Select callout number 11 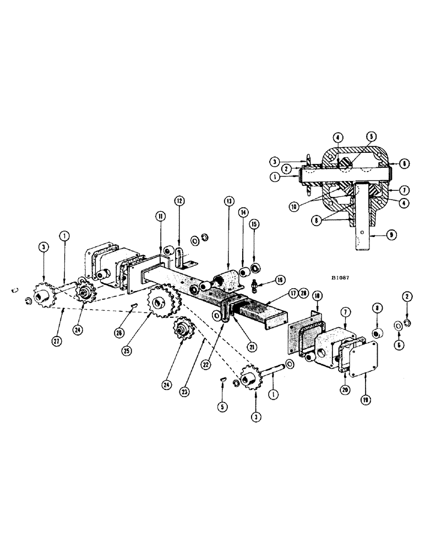coord(158,218)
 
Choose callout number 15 coord(254,224)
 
